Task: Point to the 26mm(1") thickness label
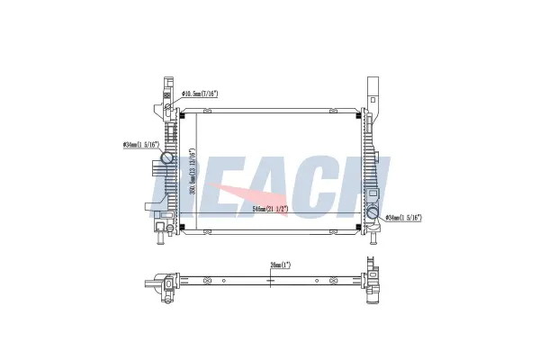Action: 281,265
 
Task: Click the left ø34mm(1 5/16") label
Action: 140,144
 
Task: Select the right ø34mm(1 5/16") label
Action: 403,218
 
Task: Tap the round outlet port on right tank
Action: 372,215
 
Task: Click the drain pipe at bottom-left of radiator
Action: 158,238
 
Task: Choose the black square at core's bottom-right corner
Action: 359,228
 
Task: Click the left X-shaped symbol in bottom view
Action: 209,281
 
